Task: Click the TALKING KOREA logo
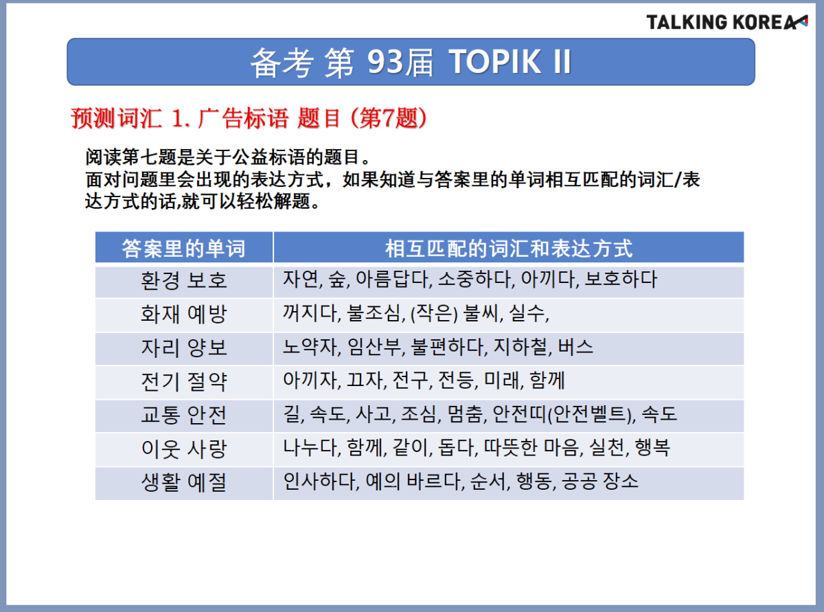727,22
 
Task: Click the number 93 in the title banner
385,62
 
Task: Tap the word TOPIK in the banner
495,62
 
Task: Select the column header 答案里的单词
183,248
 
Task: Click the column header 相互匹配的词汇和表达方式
509,248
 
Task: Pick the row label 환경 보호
183,280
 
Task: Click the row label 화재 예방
183,314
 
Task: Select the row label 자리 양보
183,348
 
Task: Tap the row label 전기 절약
183,382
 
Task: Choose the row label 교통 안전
183,415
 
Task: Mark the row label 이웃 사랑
183,449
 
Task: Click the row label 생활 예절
183,482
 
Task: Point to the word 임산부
375,347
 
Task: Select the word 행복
652,447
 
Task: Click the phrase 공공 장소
600,481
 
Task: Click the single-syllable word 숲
337,280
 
